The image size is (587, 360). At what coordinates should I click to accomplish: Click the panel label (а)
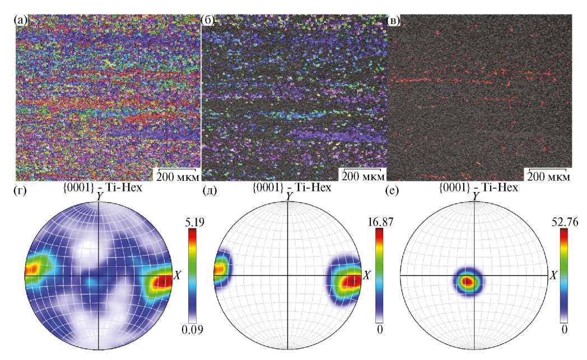click(x=21, y=21)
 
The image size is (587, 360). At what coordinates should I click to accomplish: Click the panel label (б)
click(x=208, y=21)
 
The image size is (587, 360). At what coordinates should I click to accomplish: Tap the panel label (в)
click(x=394, y=21)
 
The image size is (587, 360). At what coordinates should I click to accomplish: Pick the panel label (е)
click(x=394, y=193)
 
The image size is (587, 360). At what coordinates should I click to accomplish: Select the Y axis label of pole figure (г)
click(x=99, y=196)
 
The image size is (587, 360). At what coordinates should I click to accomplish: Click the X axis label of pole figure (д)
click(x=367, y=275)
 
